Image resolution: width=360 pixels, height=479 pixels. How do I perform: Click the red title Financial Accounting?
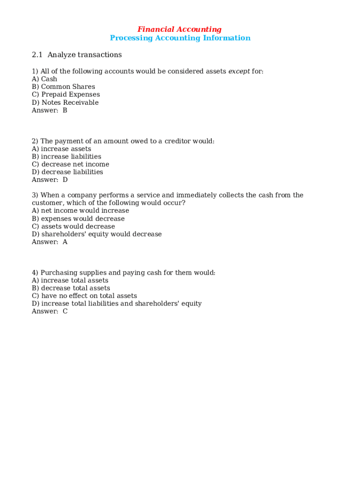180,29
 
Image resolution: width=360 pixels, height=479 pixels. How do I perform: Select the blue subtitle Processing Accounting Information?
180,38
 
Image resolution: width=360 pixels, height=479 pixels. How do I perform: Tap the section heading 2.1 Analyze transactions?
77,55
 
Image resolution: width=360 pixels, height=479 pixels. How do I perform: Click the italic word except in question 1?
239,72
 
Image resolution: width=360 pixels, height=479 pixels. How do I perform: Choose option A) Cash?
44,79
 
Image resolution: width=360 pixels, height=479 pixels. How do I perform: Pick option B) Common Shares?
63,87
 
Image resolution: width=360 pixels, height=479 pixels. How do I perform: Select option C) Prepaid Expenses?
66,94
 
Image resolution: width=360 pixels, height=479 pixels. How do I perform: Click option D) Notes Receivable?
65,102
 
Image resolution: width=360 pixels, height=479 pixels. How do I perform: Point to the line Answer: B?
50,110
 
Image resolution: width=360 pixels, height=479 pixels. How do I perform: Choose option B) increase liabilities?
66,157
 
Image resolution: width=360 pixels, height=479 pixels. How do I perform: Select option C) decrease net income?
71,164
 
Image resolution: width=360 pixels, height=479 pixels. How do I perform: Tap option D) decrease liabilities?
67,172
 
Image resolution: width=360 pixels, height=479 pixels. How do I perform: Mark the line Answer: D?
50,180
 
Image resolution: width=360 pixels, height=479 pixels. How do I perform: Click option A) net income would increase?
80,210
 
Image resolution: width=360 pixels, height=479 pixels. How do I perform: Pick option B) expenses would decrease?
78,218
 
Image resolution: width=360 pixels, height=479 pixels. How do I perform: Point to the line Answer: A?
50,242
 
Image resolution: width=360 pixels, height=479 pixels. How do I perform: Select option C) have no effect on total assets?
85,296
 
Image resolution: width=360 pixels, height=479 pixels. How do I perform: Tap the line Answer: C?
50,311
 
